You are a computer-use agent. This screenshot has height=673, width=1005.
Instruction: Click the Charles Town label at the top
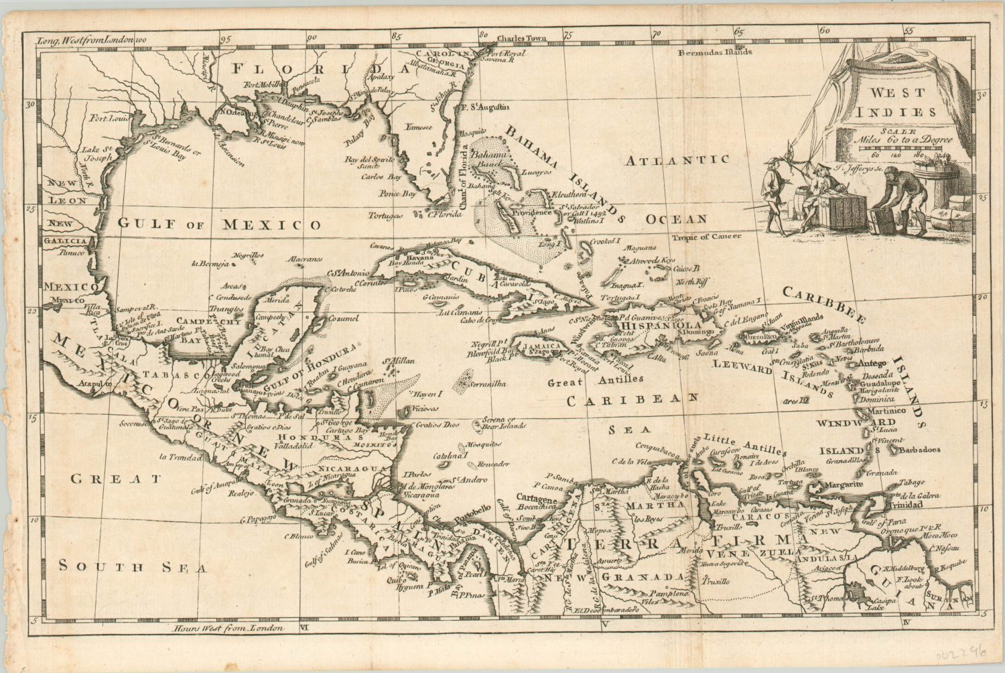[523, 38]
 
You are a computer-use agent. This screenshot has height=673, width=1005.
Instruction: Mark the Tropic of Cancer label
[708, 237]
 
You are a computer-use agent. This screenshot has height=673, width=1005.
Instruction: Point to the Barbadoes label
[921, 449]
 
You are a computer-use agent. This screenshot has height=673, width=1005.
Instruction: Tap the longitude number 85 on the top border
[397, 37]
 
